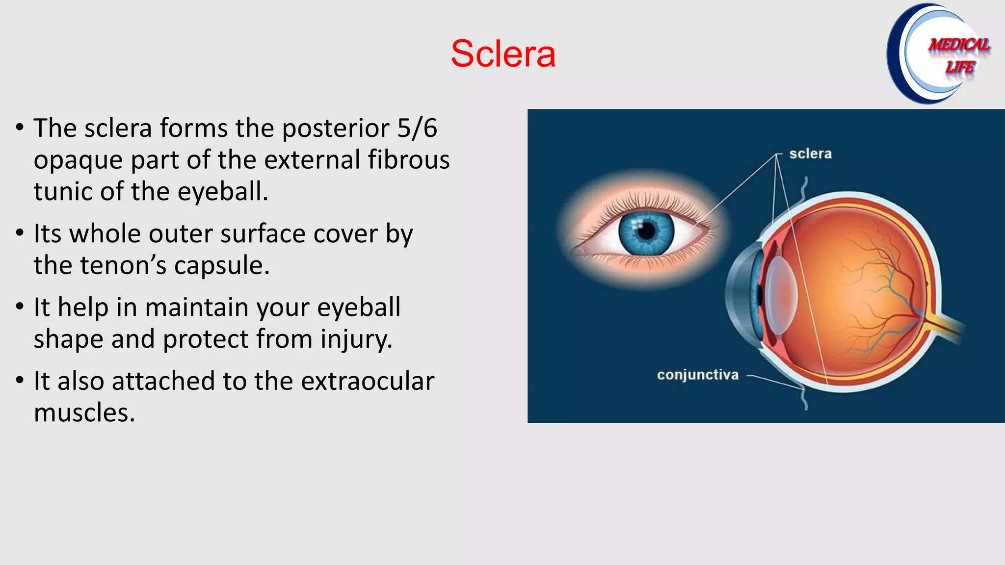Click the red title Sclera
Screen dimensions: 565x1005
click(503, 54)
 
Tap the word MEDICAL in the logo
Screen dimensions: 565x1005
click(959, 45)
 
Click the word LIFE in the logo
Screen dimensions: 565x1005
click(960, 67)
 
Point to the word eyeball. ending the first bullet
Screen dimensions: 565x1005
click(223, 192)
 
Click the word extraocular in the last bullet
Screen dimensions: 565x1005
click(367, 382)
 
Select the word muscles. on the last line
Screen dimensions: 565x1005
click(84, 413)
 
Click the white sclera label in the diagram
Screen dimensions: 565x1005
click(810, 154)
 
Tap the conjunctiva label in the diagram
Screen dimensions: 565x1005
click(697, 375)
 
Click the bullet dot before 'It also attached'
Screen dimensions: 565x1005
click(20, 381)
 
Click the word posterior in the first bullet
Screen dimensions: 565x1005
click(335, 128)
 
